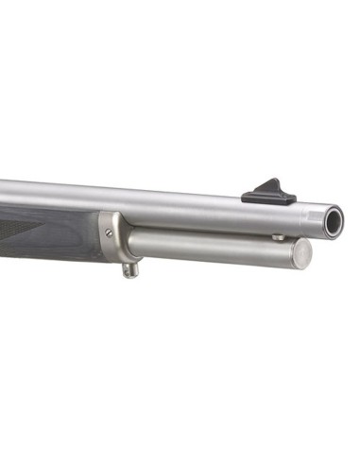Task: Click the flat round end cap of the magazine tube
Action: point(300,252)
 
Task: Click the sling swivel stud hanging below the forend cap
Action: point(132,268)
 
